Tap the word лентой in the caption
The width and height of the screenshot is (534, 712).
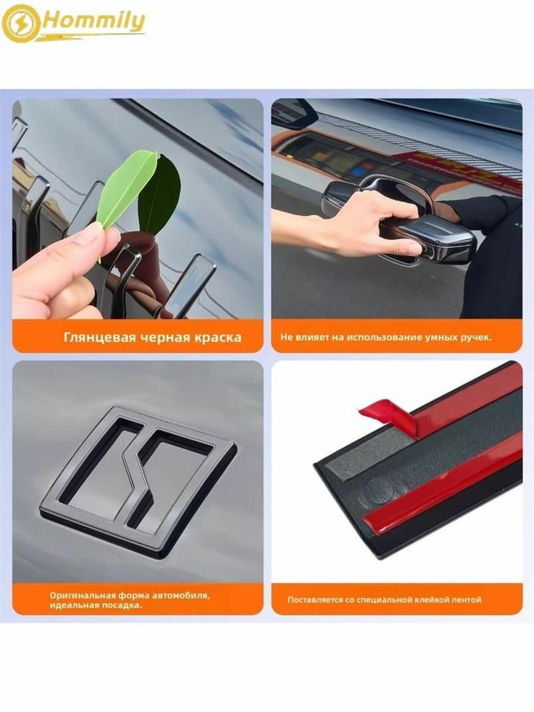coord(467,600)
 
